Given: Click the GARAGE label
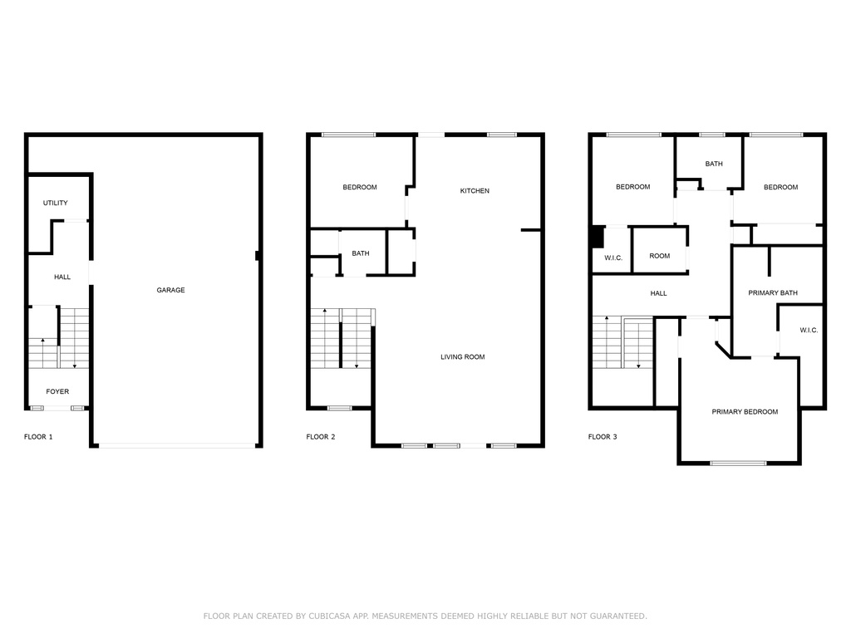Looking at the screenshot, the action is tap(170, 290).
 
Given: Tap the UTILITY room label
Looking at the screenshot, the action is tap(56, 203).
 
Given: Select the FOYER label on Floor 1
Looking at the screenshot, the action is tap(57, 392).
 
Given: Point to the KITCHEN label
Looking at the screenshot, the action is tap(475, 191).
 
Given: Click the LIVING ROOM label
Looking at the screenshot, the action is tap(462, 357).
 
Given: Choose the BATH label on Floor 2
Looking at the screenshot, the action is tap(361, 253).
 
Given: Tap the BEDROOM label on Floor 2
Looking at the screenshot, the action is tap(359, 187).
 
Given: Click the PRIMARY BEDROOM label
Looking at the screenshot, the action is tap(745, 412).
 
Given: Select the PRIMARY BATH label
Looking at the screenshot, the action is tap(773, 293).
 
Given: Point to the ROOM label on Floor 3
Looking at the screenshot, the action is tap(659, 256).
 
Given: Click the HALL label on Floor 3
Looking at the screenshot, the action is tap(658, 293).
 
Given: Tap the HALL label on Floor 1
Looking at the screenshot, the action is tap(62, 277).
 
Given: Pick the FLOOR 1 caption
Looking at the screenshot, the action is tap(38, 437).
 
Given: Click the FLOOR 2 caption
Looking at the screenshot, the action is tap(321, 437).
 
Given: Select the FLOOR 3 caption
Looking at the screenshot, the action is tap(603, 437).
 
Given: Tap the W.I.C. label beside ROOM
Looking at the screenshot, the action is tap(613, 258).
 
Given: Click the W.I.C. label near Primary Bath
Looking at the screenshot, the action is tap(809, 331).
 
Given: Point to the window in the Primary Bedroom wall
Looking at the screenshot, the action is tap(738, 464).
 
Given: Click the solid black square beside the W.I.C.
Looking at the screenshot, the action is tap(597, 237).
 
